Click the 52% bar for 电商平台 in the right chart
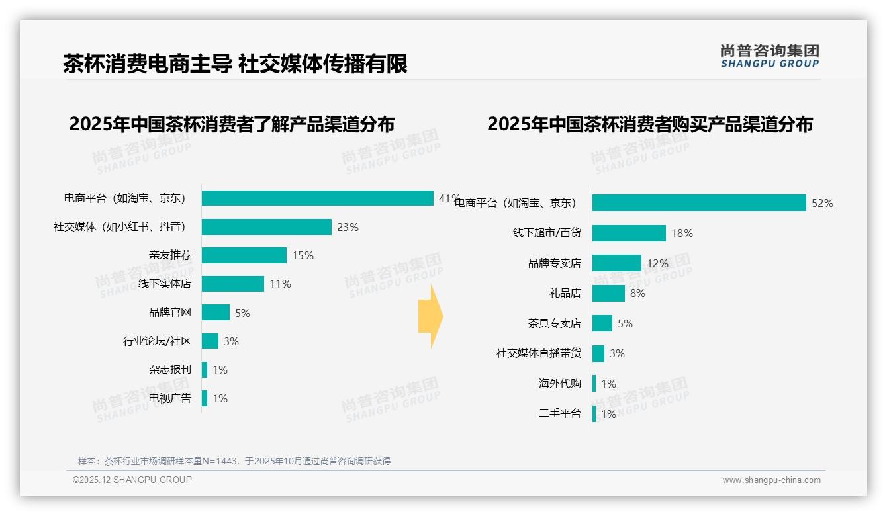pyautogui.click(x=698, y=203)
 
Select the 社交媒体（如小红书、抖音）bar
pyautogui.click(x=266, y=227)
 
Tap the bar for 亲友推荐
pyautogui.click(x=244, y=255)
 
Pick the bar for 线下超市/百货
pyautogui.click(x=629, y=233)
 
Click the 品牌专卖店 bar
pyautogui.click(x=616, y=263)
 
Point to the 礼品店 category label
pyautogui.click(x=565, y=293)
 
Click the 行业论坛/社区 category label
pyautogui.click(x=157, y=341)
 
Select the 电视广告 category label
pyautogui.click(x=169, y=398)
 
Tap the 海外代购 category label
pyautogui.click(x=559, y=384)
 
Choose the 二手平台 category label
pyautogui.click(x=559, y=414)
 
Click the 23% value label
pyautogui.click(x=348, y=227)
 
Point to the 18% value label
pyautogui.click(x=682, y=233)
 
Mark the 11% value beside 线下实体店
pyautogui.click(x=280, y=284)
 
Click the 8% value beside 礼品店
pyautogui.click(x=637, y=293)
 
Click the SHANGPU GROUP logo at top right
pyautogui.click(x=769, y=56)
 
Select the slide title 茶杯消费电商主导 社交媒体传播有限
pyautogui.click(x=235, y=64)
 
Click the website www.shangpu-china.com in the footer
pyautogui.click(x=771, y=480)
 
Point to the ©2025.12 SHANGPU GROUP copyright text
pyautogui.click(x=132, y=480)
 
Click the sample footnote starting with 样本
pyautogui.click(x=234, y=461)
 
